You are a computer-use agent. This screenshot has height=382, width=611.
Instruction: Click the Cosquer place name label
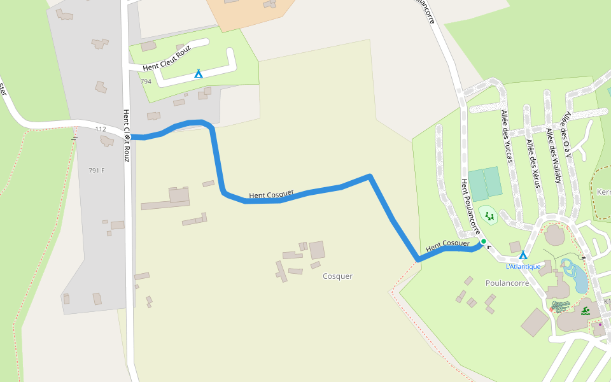point(337,276)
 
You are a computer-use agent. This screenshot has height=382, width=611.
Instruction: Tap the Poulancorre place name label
point(507,283)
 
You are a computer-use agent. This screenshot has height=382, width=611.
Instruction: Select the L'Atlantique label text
point(523,266)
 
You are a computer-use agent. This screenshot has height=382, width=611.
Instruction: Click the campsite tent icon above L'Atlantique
point(523,255)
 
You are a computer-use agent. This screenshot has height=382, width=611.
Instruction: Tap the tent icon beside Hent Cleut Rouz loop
point(199,74)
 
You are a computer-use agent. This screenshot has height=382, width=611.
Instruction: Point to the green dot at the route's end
point(483,241)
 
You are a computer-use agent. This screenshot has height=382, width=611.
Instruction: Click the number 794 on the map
point(146,81)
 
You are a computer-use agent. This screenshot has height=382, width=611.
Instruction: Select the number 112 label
point(101,129)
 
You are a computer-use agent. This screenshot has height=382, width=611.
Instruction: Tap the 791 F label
point(97,171)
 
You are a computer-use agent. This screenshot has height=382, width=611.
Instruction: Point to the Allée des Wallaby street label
point(554,156)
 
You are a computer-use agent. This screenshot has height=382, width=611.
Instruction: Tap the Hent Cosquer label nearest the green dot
point(447,244)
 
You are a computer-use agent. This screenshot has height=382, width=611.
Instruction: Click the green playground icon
point(489,216)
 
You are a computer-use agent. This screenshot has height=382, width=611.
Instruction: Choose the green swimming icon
point(586,311)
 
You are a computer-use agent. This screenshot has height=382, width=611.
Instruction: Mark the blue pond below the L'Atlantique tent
point(575,275)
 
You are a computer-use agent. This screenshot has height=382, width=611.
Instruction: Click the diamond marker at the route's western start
point(127,136)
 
